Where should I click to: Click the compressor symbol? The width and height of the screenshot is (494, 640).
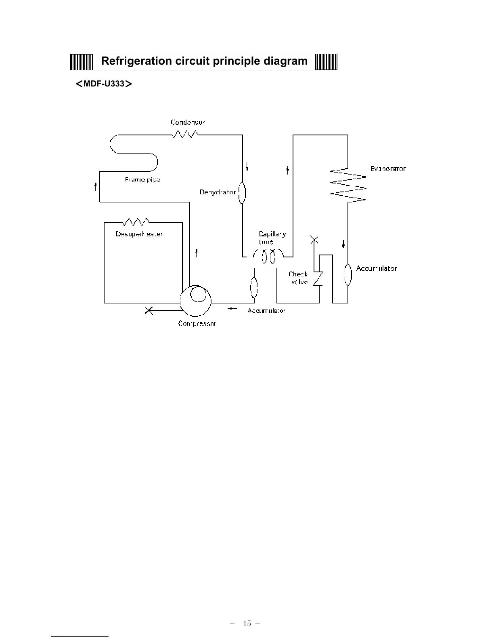pyautogui.click(x=196, y=301)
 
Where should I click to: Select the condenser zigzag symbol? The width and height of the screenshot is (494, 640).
pyautogui.click(x=185, y=134)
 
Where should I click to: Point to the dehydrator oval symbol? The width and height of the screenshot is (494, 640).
pyautogui.click(x=242, y=194)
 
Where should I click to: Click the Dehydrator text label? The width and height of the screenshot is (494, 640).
pyautogui.click(x=218, y=192)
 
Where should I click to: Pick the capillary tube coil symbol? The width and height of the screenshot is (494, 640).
pyautogui.click(x=268, y=255)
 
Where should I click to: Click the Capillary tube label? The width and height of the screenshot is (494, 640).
pyautogui.click(x=272, y=238)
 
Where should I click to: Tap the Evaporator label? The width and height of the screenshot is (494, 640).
pyautogui.click(x=388, y=168)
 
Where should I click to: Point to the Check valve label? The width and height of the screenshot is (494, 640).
pyautogui.click(x=298, y=278)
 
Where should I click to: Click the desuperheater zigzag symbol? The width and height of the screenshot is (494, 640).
pyautogui.click(x=136, y=221)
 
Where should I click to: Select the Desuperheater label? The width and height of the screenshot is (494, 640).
pyautogui.click(x=139, y=234)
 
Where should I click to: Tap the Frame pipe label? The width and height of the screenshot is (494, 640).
pyautogui.click(x=142, y=179)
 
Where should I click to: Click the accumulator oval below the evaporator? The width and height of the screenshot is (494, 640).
pyautogui.click(x=348, y=275)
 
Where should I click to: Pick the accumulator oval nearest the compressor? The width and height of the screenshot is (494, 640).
pyautogui.click(x=254, y=287)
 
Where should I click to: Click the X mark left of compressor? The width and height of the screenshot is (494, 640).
pyautogui.click(x=149, y=311)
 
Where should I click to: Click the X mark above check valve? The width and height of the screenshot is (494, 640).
pyautogui.click(x=314, y=240)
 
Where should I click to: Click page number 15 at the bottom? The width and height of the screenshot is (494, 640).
pyautogui.click(x=247, y=623)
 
